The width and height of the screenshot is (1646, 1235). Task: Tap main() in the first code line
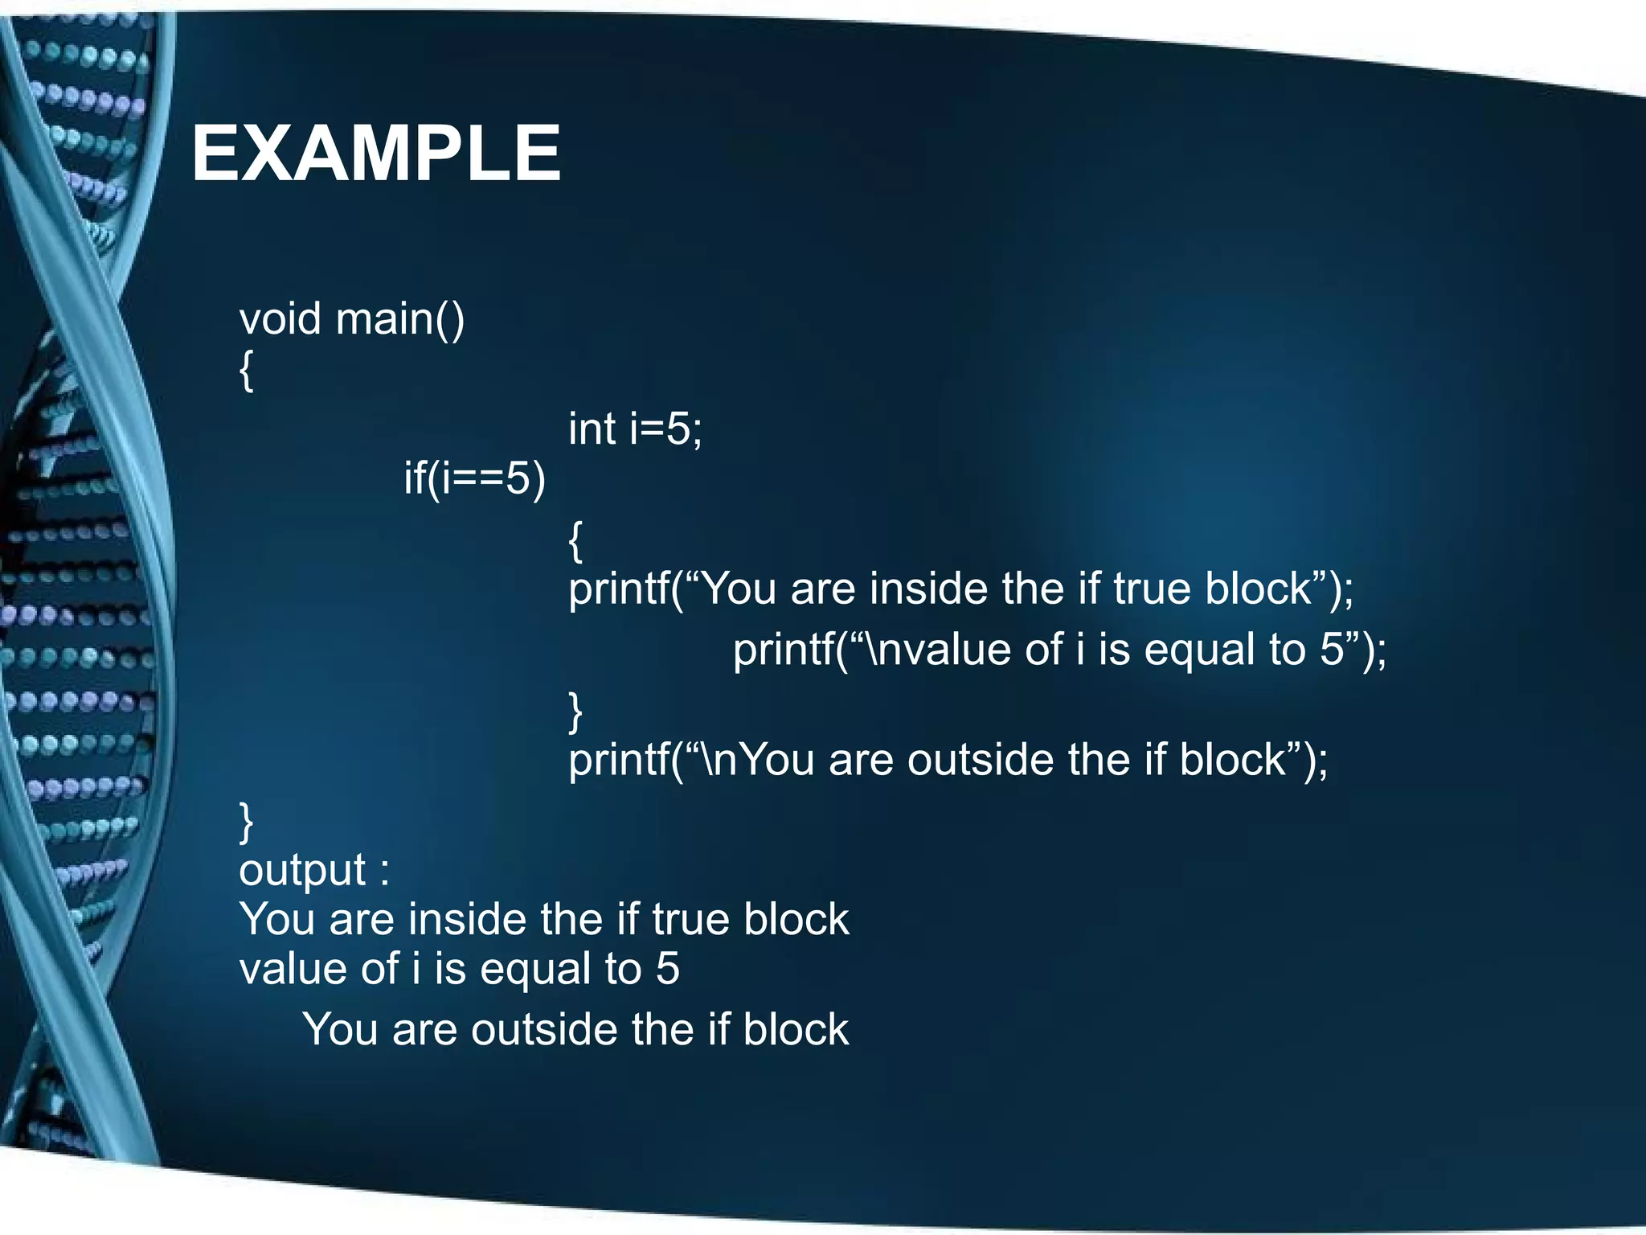pyautogui.click(x=399, y=319)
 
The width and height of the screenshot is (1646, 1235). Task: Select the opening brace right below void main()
pyautogui.click(x=247, y=371)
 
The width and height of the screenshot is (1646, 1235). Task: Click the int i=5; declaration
pyautogui.click(x=635, y=429)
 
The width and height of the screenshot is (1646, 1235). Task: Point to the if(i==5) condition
pyautogui.click(x=474, y=478)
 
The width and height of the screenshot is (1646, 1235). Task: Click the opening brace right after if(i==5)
pyautogui.click(x=575, y=540)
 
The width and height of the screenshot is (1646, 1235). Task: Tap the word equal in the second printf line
pyautogui.click(x=1198, y=650)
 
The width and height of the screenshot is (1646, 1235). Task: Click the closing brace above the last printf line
pyautogui.click(x=575, y=711)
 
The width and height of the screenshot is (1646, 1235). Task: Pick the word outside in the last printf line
pyautogui.click(x=980, y=760)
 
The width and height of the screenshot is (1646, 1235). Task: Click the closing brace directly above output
pyautogui.click(x=247, y=821)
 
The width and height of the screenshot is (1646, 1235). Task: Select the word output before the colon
pyautogui.click(x=302, y=871)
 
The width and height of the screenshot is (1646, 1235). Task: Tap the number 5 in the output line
pyautogui.click(x=667, y=969)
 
